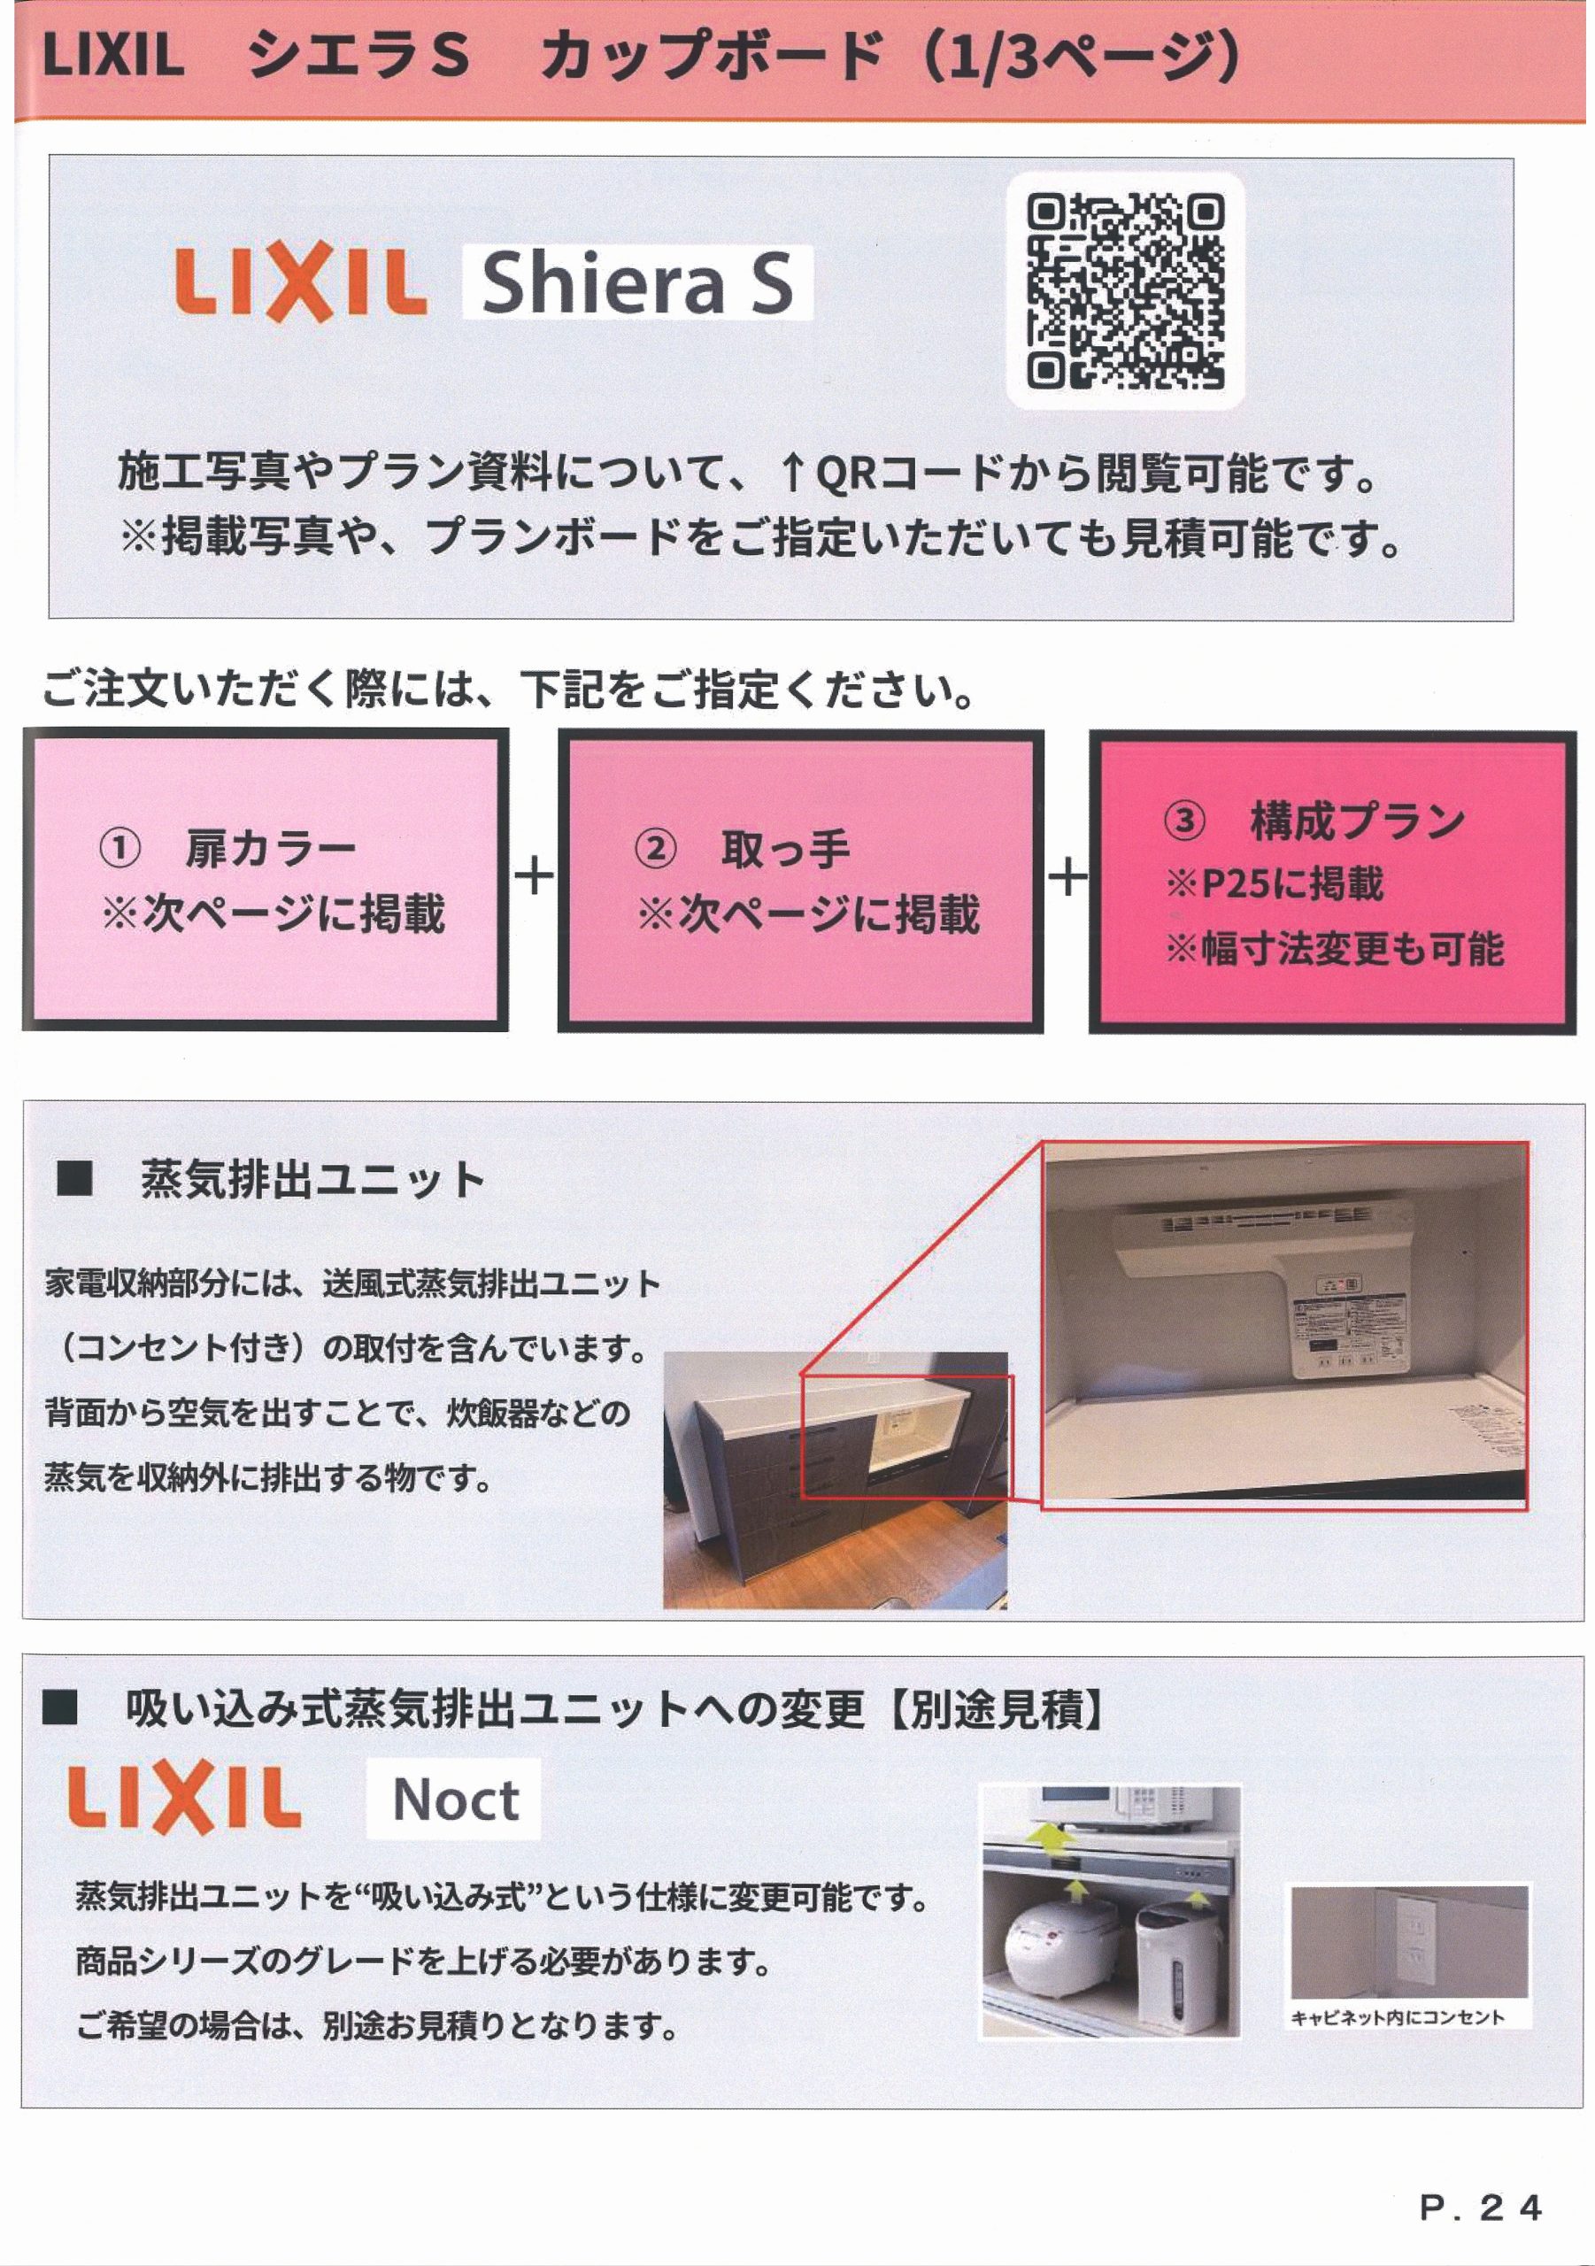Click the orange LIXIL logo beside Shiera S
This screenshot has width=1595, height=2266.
(x=300, y=284)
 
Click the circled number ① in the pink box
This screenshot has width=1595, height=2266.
(x=119, y=850)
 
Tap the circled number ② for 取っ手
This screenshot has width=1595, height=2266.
(x=654, y=850)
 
